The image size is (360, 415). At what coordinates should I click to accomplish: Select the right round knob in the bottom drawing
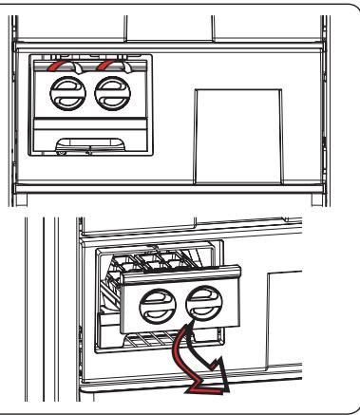coord(202,310)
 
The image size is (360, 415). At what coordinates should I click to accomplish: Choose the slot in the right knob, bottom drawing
coord(202,310)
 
